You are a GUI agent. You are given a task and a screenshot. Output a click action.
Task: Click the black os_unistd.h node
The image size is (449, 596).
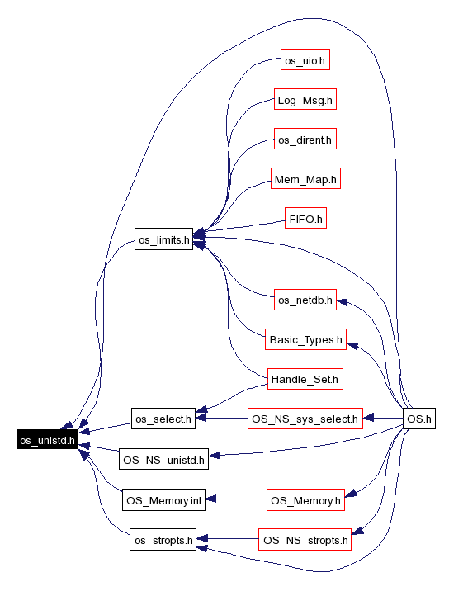click(48, 440)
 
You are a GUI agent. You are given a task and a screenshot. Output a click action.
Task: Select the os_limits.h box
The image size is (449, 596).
click(164, 239)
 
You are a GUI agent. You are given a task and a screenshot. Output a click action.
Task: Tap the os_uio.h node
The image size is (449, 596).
click(305, 59)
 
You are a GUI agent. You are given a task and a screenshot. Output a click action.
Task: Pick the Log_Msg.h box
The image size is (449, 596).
click(305, 99)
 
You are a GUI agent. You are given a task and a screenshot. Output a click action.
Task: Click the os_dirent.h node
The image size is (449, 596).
click(305, 139)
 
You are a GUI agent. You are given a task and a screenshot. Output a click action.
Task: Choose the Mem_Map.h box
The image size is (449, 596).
click(305, 178)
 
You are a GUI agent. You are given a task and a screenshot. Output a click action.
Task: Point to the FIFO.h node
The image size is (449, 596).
click(305, 218)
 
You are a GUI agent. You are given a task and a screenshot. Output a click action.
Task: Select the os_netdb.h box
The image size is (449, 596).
click(305, 299)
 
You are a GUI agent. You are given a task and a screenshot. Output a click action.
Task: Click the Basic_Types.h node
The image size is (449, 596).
click(305, 339)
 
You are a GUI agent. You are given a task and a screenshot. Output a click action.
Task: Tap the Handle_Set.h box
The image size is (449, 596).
click(305, 379)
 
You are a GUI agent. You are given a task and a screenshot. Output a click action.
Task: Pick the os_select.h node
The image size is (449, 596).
click(163, 419)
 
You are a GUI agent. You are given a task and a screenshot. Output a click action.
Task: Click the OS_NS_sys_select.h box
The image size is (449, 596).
click(305, 419)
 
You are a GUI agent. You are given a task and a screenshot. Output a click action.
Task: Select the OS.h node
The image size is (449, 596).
click(419, 419)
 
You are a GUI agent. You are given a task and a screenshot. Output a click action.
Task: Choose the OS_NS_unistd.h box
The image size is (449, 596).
click(163, 459)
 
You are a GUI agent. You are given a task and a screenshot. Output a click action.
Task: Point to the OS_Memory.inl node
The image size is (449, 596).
click(163, 499)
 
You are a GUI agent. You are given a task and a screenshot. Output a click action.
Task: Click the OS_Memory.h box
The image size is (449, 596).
click(305, 499)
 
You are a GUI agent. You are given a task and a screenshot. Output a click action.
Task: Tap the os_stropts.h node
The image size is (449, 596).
click(163, 539)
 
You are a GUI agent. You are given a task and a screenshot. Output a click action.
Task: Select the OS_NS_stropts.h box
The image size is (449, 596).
click(305, 539)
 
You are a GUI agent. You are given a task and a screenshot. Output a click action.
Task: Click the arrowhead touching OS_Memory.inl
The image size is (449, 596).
click(210, 499)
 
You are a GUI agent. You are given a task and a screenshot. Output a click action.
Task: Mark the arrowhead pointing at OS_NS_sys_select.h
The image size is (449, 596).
click(368, 419)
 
